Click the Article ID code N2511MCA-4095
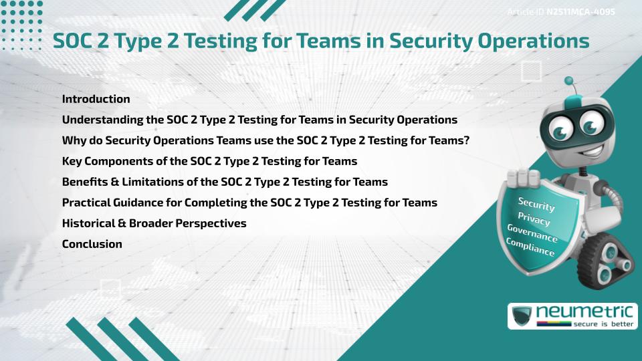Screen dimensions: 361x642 (580, 12)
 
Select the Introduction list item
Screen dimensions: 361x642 (96, 99)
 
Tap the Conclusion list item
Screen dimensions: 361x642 (92, 244)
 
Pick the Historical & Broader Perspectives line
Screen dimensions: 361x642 (154, 223)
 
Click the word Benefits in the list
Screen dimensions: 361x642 (86, 182)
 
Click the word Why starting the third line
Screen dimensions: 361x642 (72, 140)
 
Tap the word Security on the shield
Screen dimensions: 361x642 (536, 204)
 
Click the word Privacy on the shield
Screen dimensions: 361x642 (534, 219)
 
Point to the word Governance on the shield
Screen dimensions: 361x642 (532, 233)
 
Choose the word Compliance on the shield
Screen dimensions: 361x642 (530, 247)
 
